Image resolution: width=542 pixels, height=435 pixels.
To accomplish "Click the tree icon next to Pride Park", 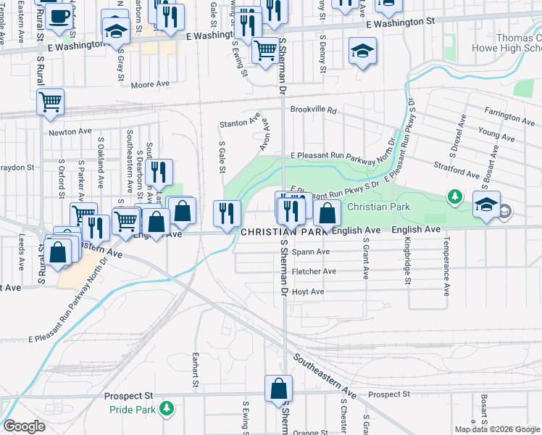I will click(x=167, y=409).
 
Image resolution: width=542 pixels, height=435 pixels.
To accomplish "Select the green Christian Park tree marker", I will click(x=454, y=196).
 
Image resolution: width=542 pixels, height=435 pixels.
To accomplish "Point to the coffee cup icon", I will click(x=59, y=15).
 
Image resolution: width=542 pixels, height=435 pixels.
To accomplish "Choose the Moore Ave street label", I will click(x=150, y=84).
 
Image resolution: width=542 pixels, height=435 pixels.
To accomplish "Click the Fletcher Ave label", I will click(x=313, y=271).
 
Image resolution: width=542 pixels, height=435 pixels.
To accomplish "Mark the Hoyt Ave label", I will click(x=307, y=291).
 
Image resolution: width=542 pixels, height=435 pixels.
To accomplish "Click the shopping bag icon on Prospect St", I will click(x=278, y=389).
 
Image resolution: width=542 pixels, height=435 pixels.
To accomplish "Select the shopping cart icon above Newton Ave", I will click(x=51, y=102).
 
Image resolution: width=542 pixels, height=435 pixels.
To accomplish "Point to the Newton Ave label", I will click(x=70, y=132).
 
